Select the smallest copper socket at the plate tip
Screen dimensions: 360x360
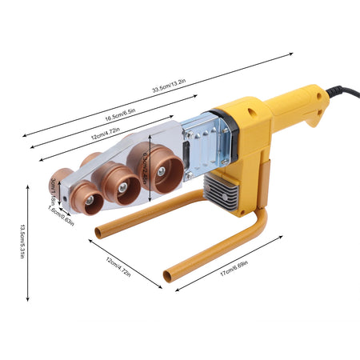point(86,199)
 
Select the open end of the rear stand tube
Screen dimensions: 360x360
point(98,234)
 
